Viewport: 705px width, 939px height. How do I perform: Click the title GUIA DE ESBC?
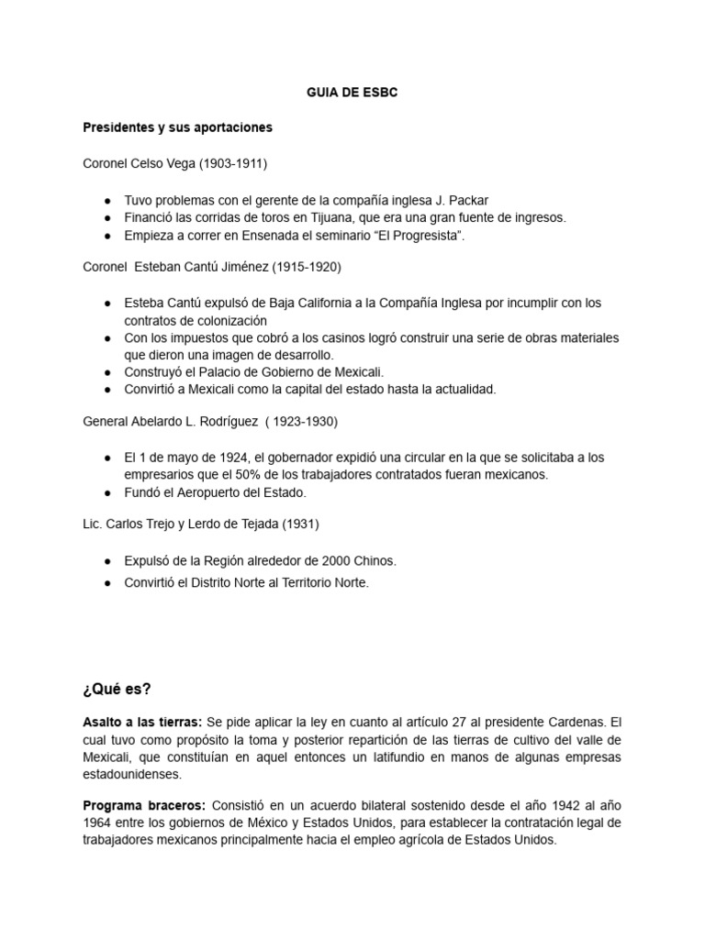352,93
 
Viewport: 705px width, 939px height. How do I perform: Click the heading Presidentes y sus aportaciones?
177,127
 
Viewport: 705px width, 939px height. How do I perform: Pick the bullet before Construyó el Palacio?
108,371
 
